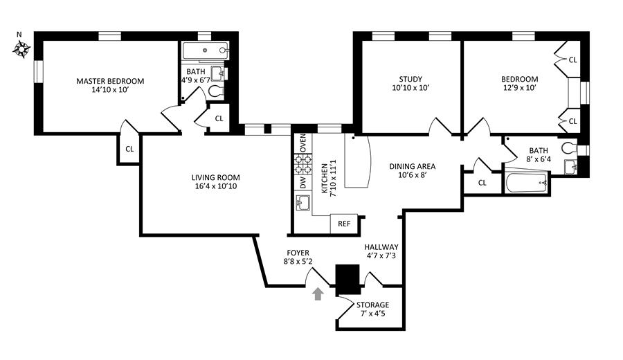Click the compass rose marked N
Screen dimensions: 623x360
point(22,49)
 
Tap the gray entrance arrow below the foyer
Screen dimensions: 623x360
point(318,294)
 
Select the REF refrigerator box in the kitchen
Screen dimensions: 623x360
point(344,224)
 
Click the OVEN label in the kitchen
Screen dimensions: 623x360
point(303,143)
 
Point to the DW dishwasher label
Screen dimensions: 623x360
point(303,183)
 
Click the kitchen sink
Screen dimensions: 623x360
point(303,203)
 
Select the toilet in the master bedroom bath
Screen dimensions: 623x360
point(216,91)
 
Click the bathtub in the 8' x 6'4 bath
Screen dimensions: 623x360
point(527,182)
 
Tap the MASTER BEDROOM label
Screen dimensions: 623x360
point(110,81)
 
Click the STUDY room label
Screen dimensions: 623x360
point(410,79)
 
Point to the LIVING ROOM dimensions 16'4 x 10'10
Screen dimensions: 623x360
point(216,186)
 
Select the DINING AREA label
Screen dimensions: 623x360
point(412,166)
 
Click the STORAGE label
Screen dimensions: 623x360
point(372,305)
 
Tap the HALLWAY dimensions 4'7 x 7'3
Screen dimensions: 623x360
point(381,255)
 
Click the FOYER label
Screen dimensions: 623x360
point(298,253)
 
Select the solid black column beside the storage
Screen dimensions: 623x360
point(348,280)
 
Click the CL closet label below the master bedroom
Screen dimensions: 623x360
point(129,149)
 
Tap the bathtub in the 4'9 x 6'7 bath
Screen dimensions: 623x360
point(205,51)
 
